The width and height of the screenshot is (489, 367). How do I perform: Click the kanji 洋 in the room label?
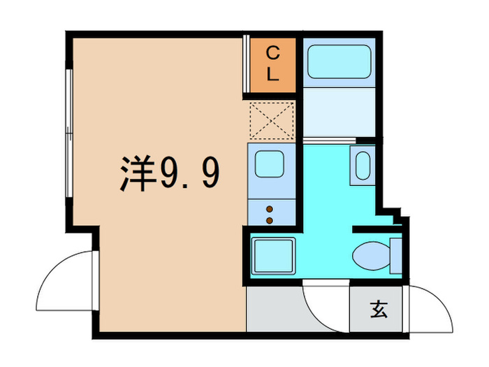click(136, 175)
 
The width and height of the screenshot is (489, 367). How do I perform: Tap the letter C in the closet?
click(273, 51)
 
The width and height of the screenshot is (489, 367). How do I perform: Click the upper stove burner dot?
click(270, 208)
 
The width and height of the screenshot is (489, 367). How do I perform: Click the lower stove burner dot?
click(270, 220)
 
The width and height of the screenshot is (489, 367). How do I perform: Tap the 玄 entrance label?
click(378, 308)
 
